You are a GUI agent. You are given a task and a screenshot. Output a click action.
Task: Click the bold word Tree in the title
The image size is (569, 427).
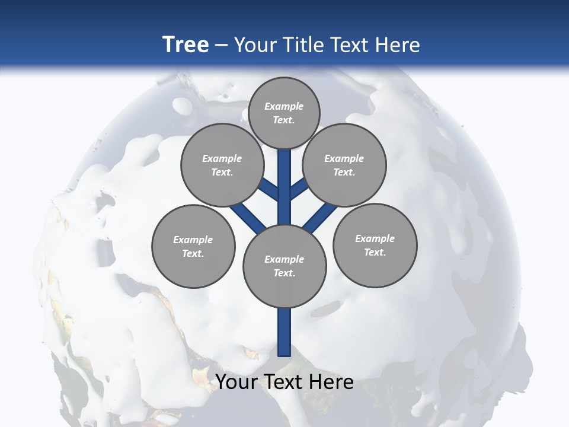click(186, 44)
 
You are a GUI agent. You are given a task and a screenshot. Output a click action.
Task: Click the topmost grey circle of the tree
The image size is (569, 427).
click(284, 113)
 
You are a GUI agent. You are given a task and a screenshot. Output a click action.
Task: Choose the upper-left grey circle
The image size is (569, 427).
click(222, 165)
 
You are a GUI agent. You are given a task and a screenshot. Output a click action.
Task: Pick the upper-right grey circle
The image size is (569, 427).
click(344, 165)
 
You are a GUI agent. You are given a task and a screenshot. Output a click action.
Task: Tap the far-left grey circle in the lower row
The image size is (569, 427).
click(193, 246)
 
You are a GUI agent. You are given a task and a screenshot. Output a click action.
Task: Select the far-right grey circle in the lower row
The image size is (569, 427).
click(375, 245)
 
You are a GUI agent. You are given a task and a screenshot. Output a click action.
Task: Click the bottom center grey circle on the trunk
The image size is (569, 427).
click(284, 266)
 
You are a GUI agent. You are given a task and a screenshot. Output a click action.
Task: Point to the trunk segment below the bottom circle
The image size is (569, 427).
click(284, 332)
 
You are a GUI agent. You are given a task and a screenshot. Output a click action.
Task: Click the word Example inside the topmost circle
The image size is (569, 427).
click(284, 106)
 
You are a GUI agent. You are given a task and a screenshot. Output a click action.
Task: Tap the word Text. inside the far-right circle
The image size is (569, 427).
click(375, 252)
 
